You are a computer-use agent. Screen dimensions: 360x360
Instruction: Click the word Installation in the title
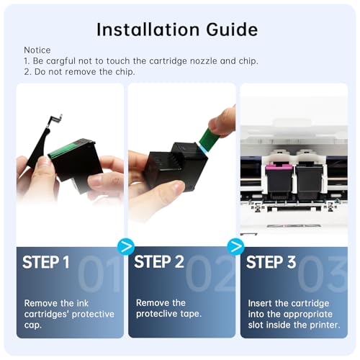click(148, 30)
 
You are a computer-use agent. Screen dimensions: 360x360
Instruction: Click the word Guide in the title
click(232, 30)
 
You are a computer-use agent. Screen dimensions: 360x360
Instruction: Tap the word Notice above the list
click(37, 50)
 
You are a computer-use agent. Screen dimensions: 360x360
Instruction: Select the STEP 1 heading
click(46, 262)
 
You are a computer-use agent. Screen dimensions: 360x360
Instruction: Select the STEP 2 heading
click(159, 262)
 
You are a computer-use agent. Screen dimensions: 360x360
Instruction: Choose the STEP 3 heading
click(271, 262)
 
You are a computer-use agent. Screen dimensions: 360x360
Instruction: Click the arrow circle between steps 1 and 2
click(126, 247)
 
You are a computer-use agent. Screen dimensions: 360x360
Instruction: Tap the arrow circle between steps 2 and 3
click(236, 247)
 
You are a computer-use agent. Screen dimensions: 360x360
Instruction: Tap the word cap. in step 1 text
click(33, 325)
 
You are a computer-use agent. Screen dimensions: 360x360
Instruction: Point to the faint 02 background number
click(210, 274)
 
